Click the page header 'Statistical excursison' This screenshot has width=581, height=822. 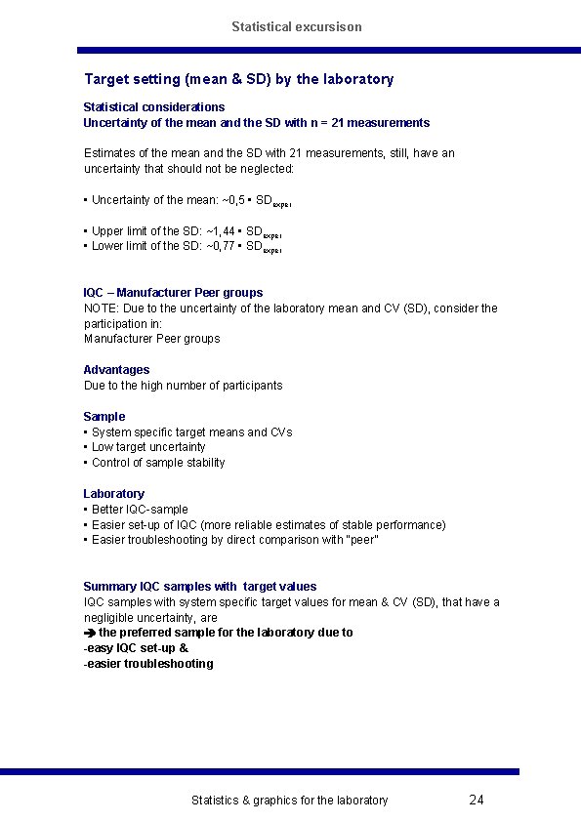click(297, 26)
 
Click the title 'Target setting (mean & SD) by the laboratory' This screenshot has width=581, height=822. click(239, 79)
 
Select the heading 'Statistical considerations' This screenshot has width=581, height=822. click(154, 107)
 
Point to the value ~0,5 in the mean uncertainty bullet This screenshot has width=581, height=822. click(228, 200)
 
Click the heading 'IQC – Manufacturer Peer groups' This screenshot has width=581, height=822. click(173, 293)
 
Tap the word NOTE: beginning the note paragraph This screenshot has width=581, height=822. click(101, 308)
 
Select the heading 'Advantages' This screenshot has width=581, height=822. click(116, 370)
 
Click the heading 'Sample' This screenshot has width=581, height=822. click(104, 417)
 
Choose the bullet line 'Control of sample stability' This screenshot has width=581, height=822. click(158, 463)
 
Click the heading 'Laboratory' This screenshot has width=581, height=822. click(113, 494)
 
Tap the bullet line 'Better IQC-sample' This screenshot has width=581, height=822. click(140, 510)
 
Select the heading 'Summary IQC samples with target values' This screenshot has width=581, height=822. click(200, 587)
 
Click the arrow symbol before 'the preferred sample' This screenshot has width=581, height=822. click(90, 633)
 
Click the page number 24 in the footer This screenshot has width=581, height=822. click(477, 801)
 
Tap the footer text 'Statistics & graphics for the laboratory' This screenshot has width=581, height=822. click(289, 801)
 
